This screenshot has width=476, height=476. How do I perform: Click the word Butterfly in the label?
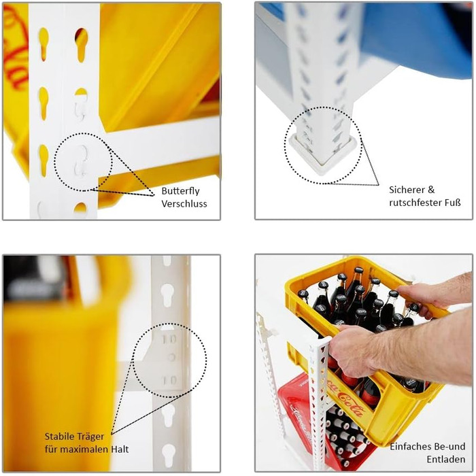click(180, 191)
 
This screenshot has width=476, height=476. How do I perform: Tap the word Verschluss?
click(184, 203)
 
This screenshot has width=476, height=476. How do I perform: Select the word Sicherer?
click(407, 190)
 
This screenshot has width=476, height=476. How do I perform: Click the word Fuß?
click(453, 202)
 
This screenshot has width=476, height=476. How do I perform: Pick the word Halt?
click(119, 449)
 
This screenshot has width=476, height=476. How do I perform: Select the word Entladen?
click(446, 459)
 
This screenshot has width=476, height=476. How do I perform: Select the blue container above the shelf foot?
click(416, 39)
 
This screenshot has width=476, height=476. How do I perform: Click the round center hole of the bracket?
click(171, 357)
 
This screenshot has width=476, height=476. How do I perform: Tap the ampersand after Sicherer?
click(431, 190)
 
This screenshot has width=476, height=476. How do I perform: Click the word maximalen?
click(86, 449)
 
